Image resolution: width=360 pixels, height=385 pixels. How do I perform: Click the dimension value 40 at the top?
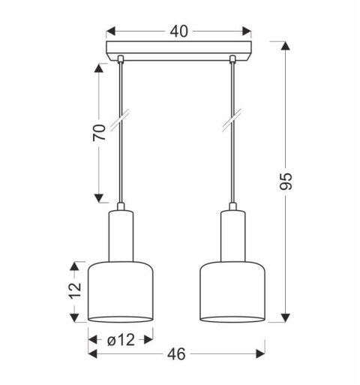pos(178,31)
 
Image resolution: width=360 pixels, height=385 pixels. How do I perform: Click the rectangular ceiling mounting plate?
pos(178,53)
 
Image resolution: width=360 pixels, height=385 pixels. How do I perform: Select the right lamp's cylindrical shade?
pos(233,293)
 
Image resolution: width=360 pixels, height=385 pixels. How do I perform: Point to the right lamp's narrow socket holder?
pos(233,234)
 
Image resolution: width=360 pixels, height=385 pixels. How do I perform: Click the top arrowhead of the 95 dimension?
pos(285,47)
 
